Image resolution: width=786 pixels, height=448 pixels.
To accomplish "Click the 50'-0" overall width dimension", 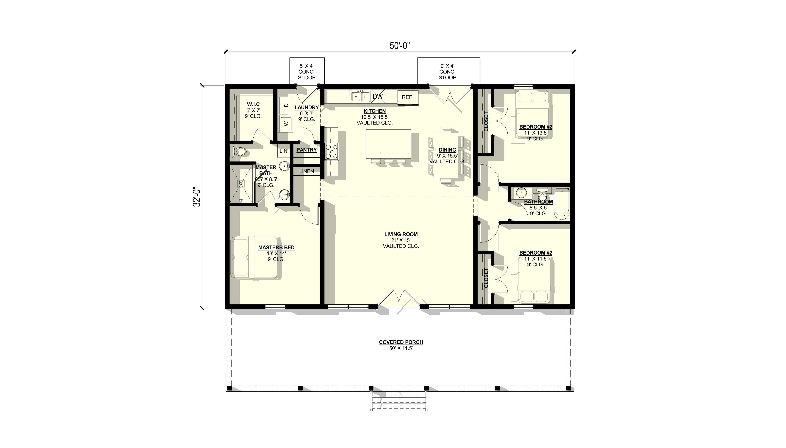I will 400,46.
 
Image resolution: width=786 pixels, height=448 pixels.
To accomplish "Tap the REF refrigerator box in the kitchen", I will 407,97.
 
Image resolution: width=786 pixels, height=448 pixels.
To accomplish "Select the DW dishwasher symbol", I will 378,97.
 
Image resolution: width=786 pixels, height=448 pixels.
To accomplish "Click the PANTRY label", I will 307,150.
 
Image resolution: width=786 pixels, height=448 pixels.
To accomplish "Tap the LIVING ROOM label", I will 401,234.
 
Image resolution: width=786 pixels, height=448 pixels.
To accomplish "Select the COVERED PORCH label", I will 401,342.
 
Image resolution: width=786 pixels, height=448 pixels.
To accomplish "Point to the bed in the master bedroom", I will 255,258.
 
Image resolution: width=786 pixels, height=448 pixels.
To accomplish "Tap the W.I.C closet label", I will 253,105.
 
